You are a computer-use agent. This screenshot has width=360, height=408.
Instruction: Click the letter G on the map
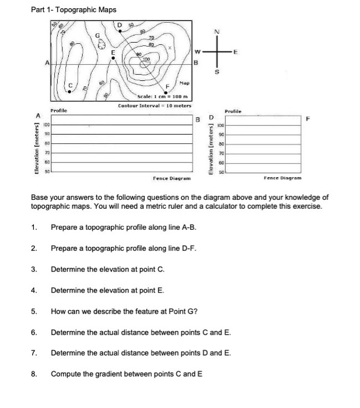pos(99,36)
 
